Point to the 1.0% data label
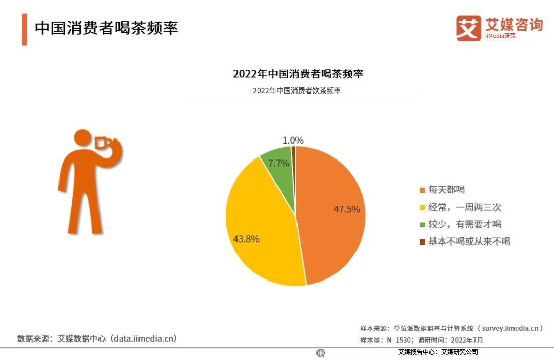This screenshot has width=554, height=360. tap(293, 140)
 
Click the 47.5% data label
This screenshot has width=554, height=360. tap(347, 209)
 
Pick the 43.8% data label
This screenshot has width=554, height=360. tap(246, 239)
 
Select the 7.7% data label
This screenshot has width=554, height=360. tap(279, 164)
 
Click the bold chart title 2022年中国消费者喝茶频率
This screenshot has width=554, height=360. tap(298, 74)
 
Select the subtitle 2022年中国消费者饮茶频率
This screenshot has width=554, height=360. tap(297, 91)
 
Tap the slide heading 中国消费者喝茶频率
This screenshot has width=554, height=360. tap(106, 28)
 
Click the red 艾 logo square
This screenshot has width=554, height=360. tap(468, 28)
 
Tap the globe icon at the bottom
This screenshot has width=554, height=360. tap(321, 353)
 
